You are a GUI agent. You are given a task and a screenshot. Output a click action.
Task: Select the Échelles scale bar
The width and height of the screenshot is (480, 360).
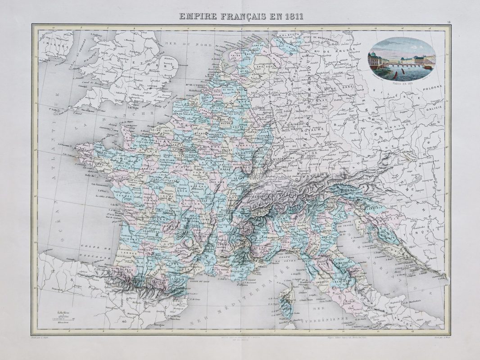click(60, 318)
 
